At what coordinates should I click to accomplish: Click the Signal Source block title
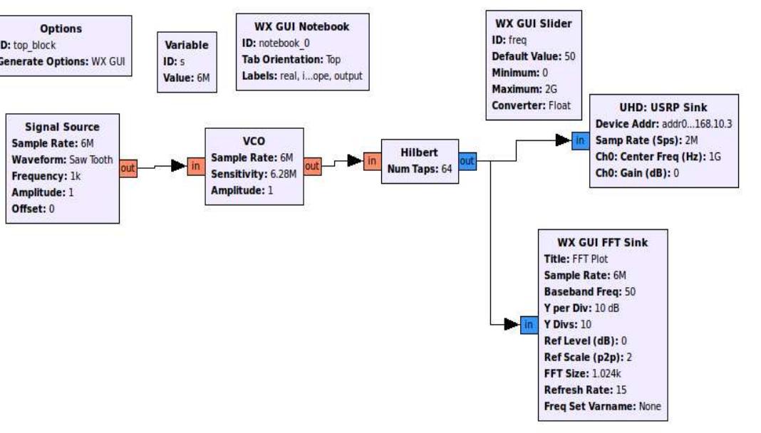pyautogui.click(x=62, y=127)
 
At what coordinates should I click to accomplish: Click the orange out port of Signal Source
pyautogui.click(x=128, y=168)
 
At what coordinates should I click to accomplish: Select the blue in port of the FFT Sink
pyautogui.click(x=528, y=325)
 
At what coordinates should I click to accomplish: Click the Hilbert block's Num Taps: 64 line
pyautogui.click(x=420, y=169)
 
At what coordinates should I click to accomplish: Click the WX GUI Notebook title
pyautogui.click(x=301, y=27)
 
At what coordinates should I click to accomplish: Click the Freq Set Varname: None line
pyautogui.click(x=602, y=406)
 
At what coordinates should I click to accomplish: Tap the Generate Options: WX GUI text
pyautogui.click(x=63, y=61)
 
